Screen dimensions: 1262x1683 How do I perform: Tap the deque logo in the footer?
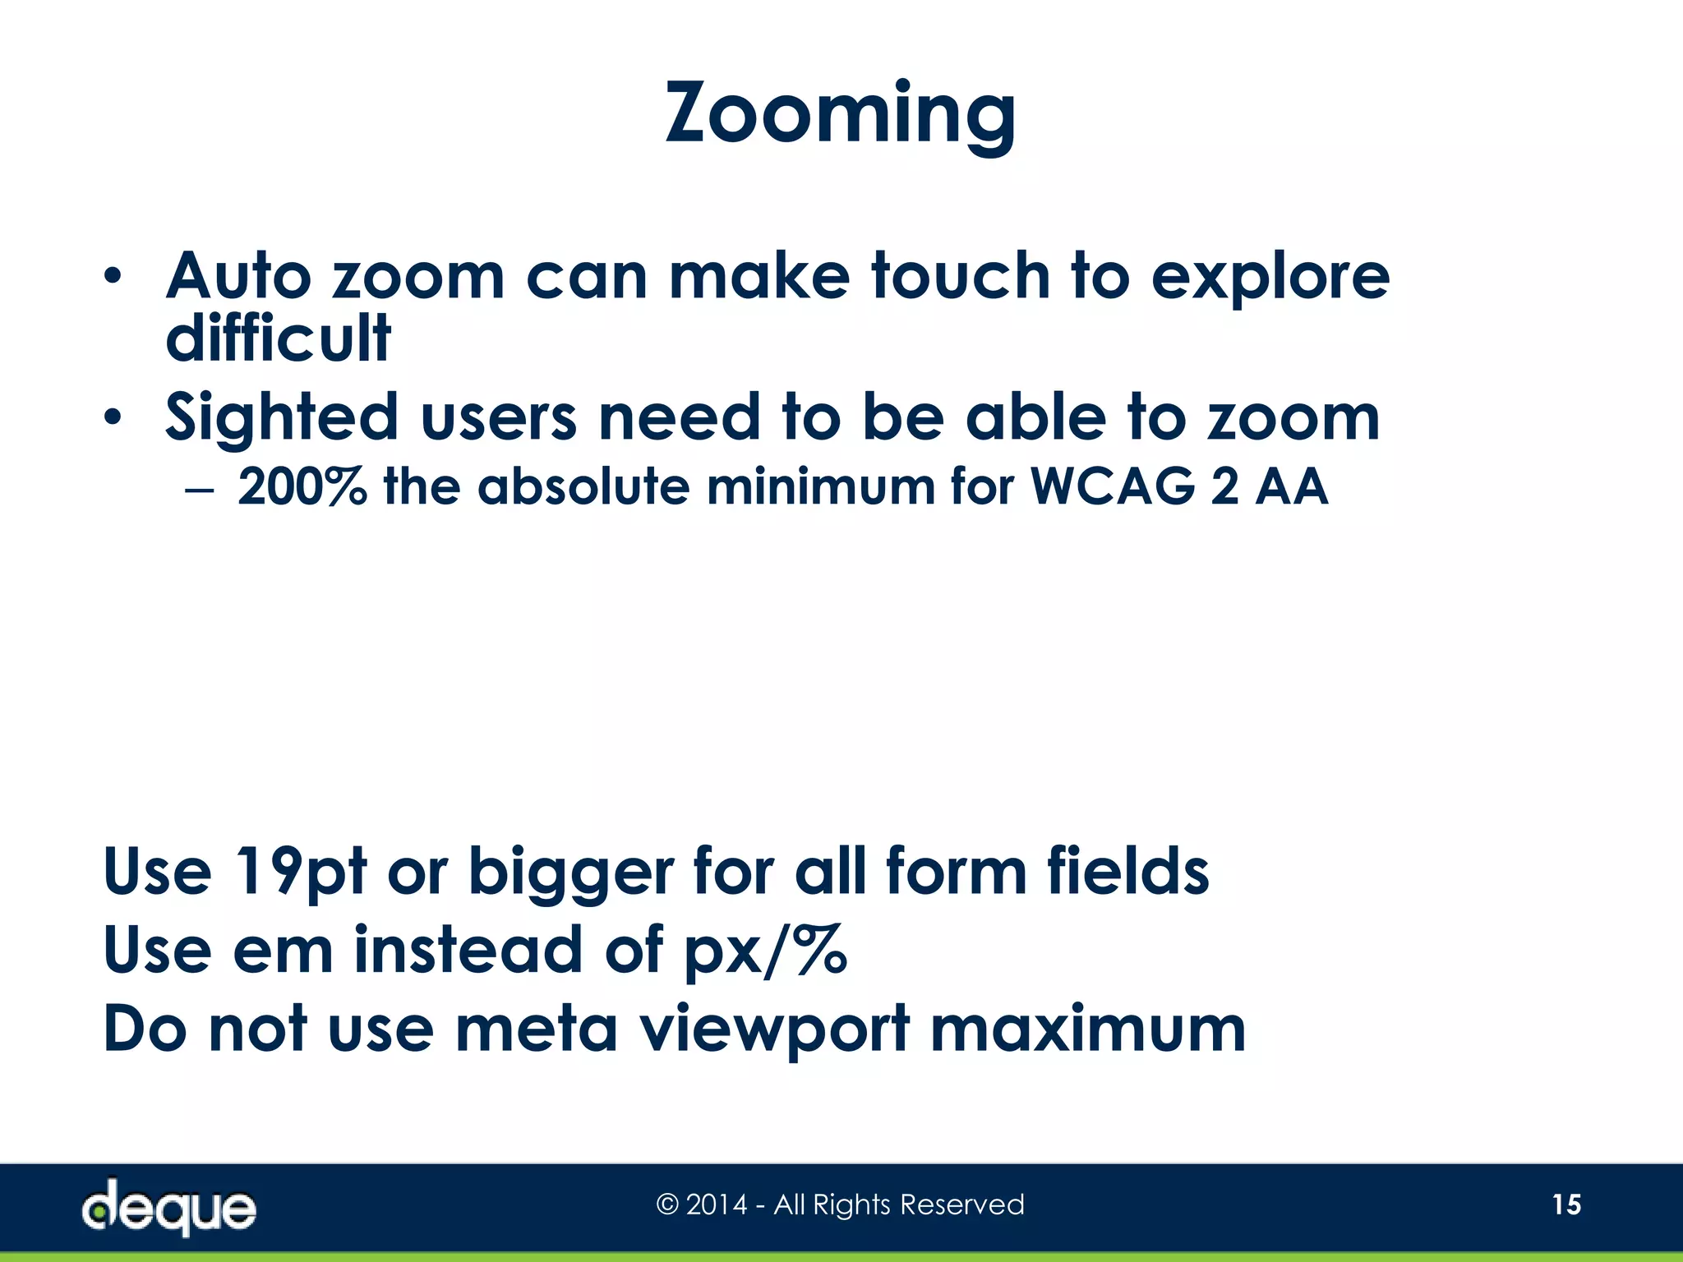pyautogui.click(x=168, y=1206)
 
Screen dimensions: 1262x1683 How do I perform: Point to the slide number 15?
pyautogui.click(x=1566, y=1204)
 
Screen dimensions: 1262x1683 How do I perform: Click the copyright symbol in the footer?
pyautogui.click(x=667, y=1205)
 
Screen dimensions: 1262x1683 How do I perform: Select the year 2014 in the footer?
pyautogui.click(x=717, y=1205)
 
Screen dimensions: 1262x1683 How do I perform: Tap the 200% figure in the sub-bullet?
pyautogui.click(x=302, y=486)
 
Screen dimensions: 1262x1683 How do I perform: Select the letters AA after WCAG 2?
pyautogui.click(x=1292, y=486)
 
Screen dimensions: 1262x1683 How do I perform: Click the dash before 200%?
pyautogui.click(x=200, y=489)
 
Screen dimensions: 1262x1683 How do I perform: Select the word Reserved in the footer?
pyautogui.click(x=962, y=1205)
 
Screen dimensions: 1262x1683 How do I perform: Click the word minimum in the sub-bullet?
pyautogui.click(x=821, y=486)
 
